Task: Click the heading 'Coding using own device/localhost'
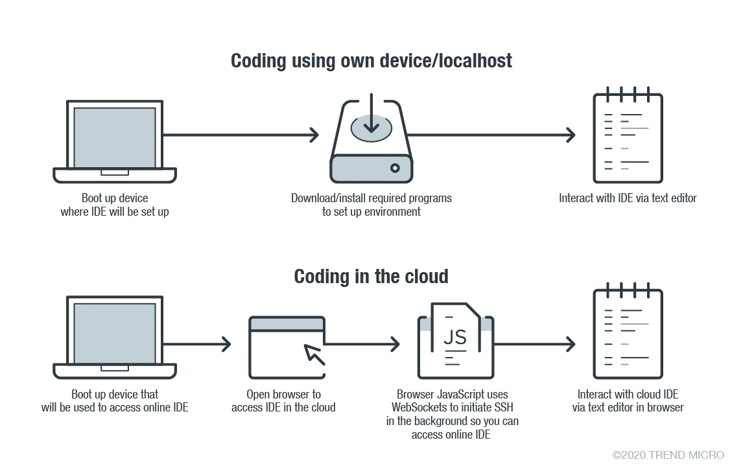pyautogui.click(x=371, y=61)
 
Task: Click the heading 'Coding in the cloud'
pyautogui.click(x=371, y=277)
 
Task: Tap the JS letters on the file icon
pyautogui.click(x=454, y=337)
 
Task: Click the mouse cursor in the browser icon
pyautogui.click(x=314, y=354)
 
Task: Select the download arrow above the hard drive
pyautogui.click(x=371, y=115)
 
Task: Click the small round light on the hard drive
pyautogui.click(x=394, y=168)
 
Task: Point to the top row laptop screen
pyautogui.click(x=115, y=137)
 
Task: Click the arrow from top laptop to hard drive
pyautogui.click(x=241, y=135)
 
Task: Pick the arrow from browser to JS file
pyautogui.click(x=362, y=344)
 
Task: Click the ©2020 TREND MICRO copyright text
pyautogui.click(x=668, y=455)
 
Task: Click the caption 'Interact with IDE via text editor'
pyautogui.click(x=628, y=198)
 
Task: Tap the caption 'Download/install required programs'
pyautogui.click(x=371, y=198)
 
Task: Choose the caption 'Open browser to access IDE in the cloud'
pyautogui.click(x=283, y=401)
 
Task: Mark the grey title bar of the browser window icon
pyautogui.click(x=287, y=323)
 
